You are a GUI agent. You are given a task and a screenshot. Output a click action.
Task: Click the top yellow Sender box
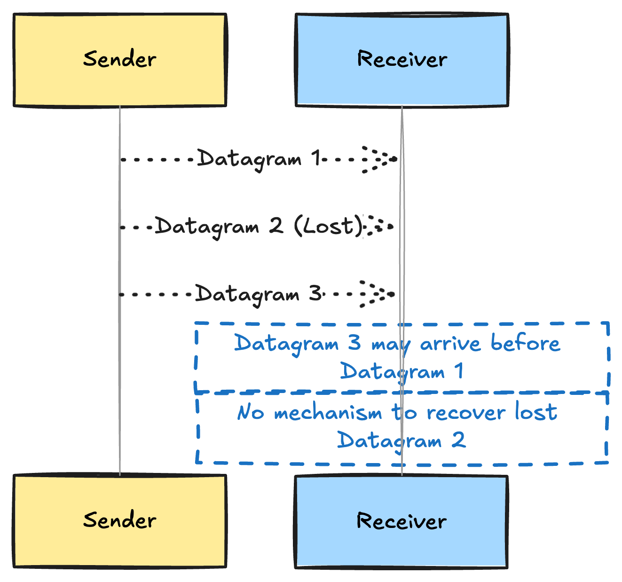coord(120,60)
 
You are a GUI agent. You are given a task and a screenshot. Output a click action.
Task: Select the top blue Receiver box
coord(402,60)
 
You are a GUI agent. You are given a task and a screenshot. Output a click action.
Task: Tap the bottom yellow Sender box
coord(120,521)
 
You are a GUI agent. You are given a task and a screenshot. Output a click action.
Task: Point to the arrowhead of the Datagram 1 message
coord(380,159)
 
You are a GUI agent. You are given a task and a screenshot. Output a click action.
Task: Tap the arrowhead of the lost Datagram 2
coord(380,227)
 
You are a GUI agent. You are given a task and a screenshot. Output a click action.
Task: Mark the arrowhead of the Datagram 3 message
coord(378,294)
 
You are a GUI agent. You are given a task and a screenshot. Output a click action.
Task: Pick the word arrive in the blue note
coord(450,344)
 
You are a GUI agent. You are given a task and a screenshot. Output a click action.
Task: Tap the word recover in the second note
coord(465,413)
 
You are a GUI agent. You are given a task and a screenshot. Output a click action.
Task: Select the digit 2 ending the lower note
coord(458,440)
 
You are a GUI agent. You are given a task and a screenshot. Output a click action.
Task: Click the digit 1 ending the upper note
coord(459,371)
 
